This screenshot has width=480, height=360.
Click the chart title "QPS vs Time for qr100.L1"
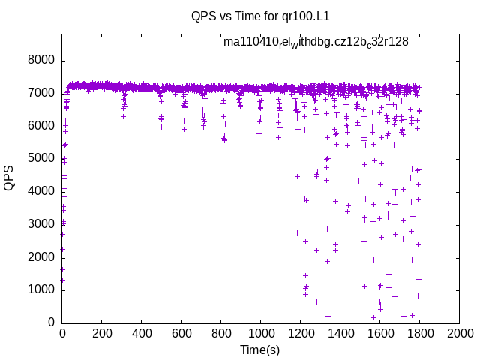coord(261,16)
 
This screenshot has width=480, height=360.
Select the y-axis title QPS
coord(10,177)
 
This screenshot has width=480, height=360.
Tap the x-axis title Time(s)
coord(259,349)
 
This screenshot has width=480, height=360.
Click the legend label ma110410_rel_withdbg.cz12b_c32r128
coord(316,42)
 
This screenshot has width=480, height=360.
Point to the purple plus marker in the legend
coord(430,43)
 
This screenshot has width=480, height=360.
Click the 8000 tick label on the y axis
coord(41,61)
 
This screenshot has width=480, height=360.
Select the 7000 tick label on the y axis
coord(41,93)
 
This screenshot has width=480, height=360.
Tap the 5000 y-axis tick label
coord(41,159)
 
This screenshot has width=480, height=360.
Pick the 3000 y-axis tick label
coord(41,224)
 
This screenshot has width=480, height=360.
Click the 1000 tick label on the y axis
coord(41,289)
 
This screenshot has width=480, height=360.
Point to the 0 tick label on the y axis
coord(51,322)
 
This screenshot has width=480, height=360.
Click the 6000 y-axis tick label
coord(41,126)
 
